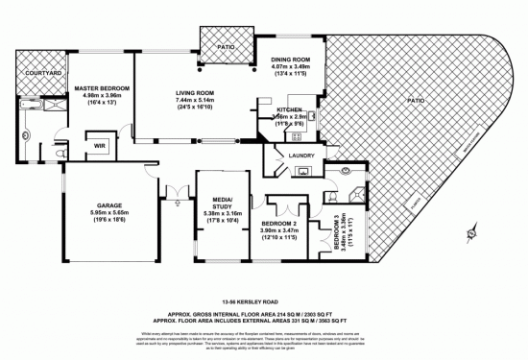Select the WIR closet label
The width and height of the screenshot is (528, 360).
[99, 146]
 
